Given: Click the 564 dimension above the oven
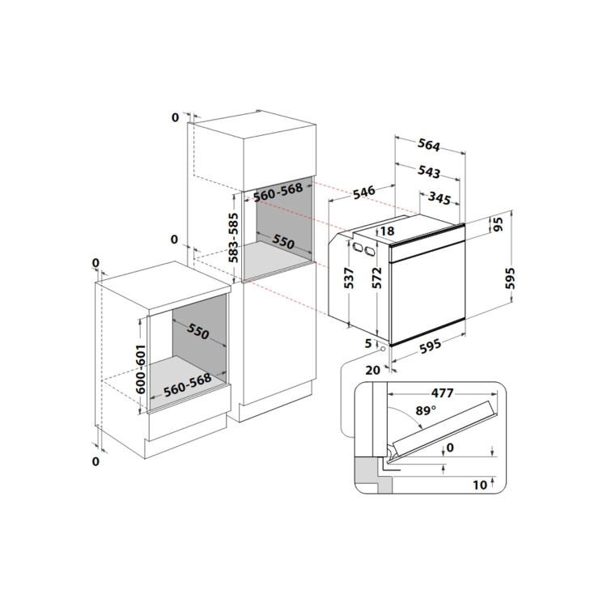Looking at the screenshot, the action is [x=429, y=145].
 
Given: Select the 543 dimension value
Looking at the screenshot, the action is [x=429, y=172].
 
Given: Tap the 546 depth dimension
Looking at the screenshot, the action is [x=364, y=192].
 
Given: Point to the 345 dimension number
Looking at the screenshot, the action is [x=439, y=198].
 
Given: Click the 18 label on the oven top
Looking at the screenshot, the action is [x=387, y=231].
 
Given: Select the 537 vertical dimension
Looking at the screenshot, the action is [x=349, y=278].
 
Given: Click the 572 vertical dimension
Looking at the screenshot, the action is [x=376, y=278].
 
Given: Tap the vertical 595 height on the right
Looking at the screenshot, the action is [x=510, y=278].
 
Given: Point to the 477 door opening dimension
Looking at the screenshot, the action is [x=442, y=393].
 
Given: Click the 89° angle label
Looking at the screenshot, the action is [x=426, y=410].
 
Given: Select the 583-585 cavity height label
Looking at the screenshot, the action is [x=233, y=238].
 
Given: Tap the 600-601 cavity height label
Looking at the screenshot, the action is [x=141, y=369].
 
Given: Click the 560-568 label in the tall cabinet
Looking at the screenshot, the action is [x=278, y=192].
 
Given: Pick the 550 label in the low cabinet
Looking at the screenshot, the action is [x=197, y=331].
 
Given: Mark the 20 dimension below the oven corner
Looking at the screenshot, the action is [x=373, y=370].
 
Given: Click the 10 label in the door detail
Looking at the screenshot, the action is [x=480, y=485].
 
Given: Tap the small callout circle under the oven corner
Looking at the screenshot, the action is [x=384, y=349].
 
